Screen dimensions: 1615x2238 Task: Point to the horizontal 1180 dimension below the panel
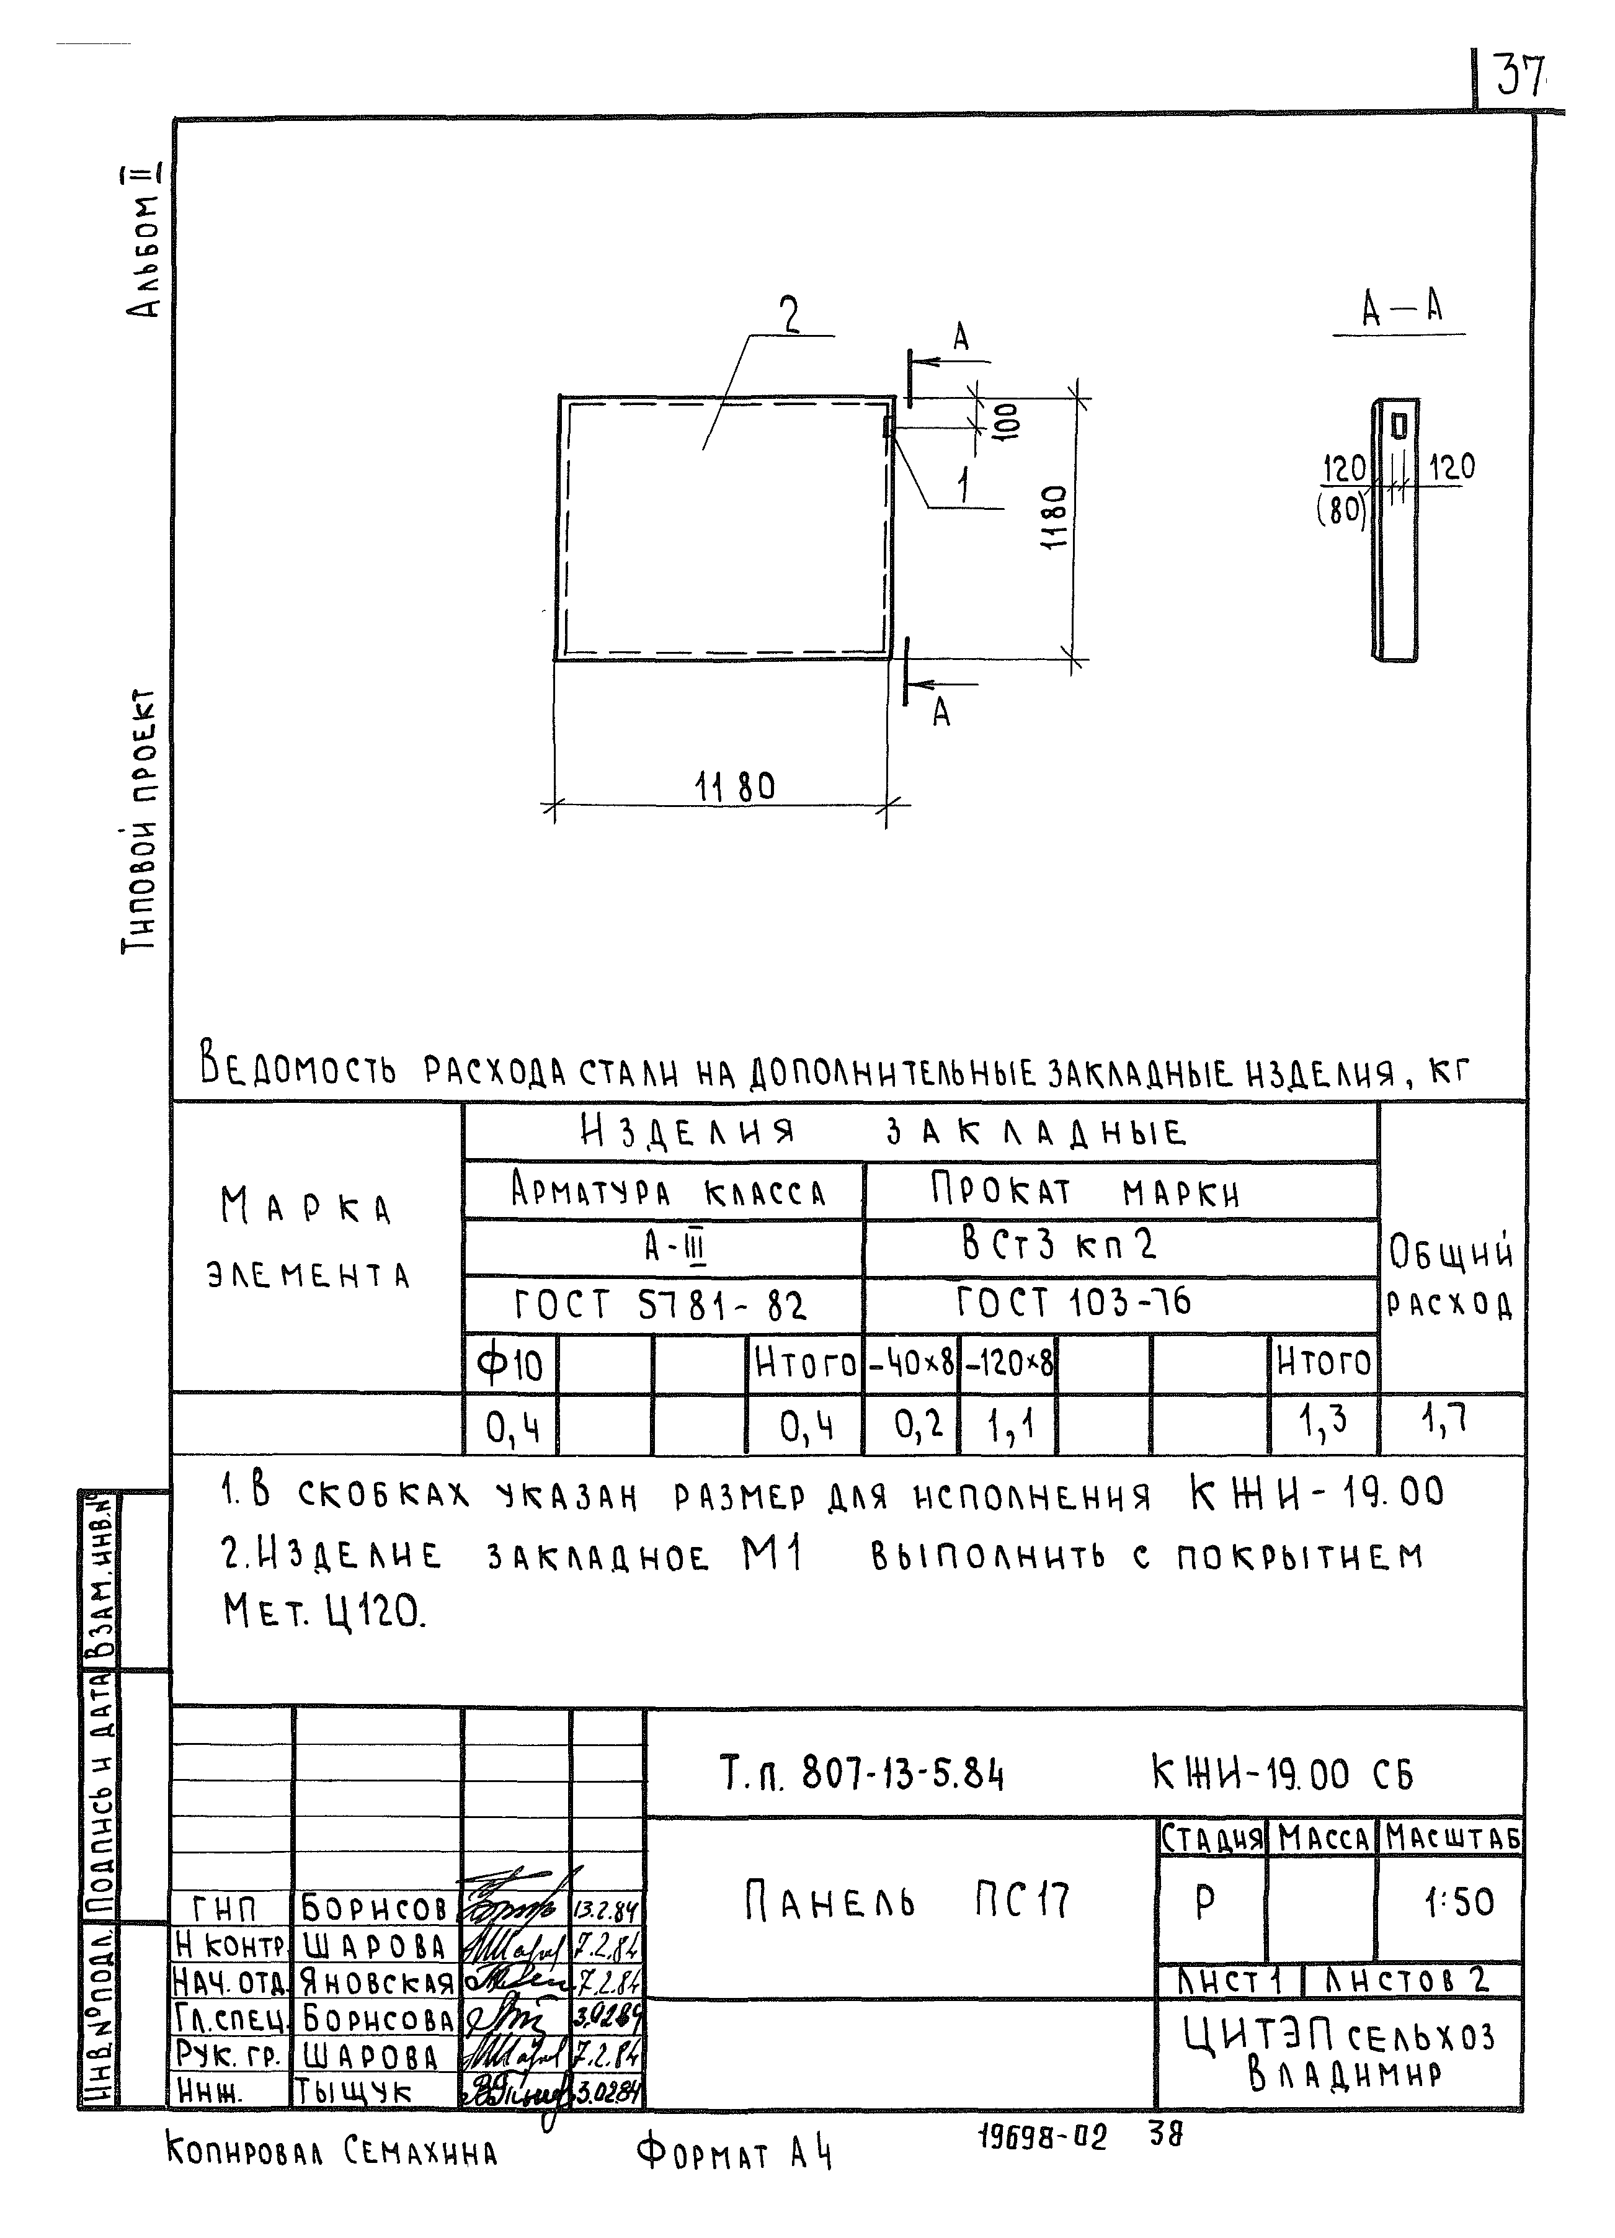point(735,787)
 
